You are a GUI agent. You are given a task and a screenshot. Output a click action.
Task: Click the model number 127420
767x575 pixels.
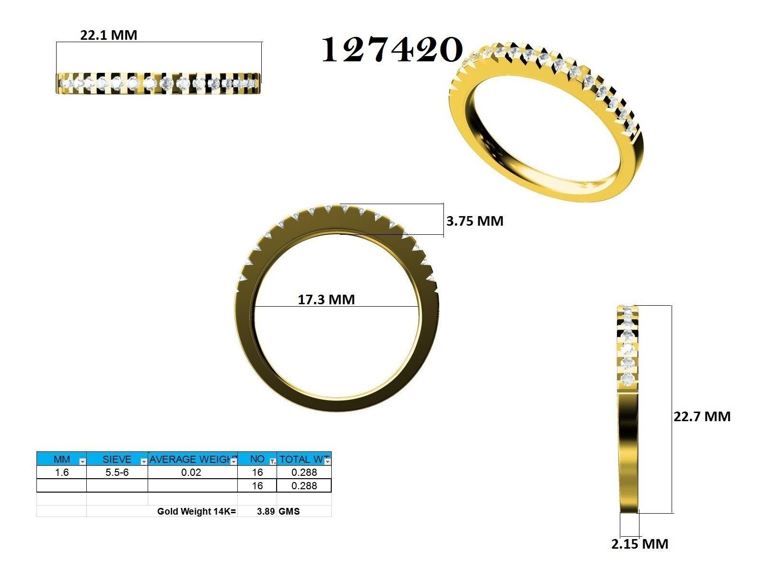[x=392, y=50]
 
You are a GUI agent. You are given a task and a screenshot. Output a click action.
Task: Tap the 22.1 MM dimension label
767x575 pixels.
[x=108, y=35]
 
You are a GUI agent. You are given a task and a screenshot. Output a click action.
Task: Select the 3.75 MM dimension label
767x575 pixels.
[x=475, y=221]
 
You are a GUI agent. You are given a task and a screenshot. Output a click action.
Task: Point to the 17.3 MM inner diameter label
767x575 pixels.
[x=326, y=299]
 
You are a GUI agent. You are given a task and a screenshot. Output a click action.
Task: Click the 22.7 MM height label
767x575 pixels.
[x=702, y=416]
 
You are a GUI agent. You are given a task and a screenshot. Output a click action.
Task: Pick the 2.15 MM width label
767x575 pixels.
[x=639, y=544]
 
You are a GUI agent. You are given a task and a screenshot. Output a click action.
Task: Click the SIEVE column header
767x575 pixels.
[x=116, y=459]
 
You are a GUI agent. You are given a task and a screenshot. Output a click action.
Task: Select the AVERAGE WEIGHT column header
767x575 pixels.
[x=191, y=459]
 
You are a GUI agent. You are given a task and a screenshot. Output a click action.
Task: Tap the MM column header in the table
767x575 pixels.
[x=61, y=459]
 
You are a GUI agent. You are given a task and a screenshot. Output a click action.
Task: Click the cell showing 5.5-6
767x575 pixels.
[x=116, y=472]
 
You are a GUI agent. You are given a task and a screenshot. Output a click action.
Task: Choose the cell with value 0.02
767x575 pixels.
[x=191, y=472]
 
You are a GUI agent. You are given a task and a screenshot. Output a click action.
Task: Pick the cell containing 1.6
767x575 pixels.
[x=61, y=472]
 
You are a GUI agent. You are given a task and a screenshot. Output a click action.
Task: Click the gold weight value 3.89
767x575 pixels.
[x=266, y=511]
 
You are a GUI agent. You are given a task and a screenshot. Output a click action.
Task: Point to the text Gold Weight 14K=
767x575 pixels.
[x=197, y=511]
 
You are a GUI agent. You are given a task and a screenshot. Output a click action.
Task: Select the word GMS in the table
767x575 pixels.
[x=289, y=511]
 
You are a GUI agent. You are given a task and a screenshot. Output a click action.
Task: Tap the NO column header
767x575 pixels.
[x=257, y=459]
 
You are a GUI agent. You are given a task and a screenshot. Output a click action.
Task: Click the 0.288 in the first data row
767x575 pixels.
[x=304, y=472]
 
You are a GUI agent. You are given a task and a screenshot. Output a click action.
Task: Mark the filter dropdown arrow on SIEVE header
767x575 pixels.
[x=143, y=461]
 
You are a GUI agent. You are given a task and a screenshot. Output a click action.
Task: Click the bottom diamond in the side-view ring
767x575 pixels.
[x=628, y=379]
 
